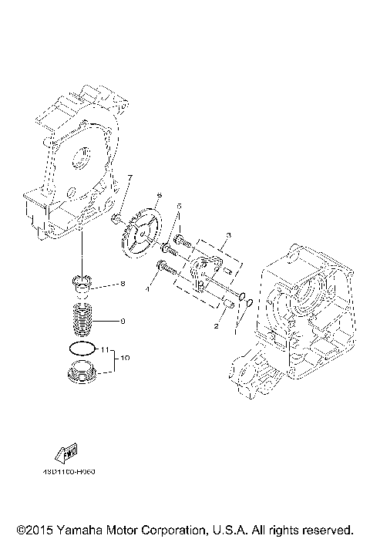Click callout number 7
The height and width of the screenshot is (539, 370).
129,179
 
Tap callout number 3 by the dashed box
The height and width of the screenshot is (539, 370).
229,234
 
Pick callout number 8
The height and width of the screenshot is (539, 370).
122,285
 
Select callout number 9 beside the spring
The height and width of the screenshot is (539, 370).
122,320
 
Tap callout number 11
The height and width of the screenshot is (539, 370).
105,350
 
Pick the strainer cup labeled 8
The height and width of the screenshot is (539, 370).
82,284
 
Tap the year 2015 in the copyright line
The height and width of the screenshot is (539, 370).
33,530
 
